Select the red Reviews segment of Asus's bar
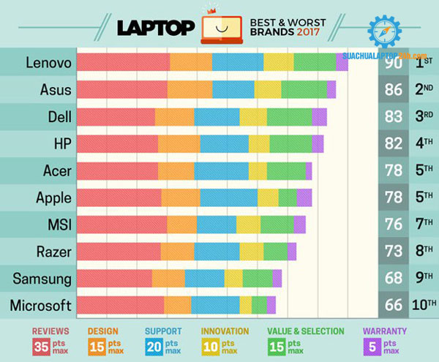coord(121,90)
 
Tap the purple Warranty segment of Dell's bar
coord(319,117)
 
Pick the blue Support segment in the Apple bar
coord(228,198)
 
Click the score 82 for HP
coord(394,144)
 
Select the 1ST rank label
coord(424,63)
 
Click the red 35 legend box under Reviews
coord(40,345)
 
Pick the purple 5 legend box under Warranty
coord(373,345)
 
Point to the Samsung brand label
coord(45,279)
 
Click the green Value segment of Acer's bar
coord(286,171)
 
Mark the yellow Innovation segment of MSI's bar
coord(248,225)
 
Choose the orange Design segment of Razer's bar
coord(177,252)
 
